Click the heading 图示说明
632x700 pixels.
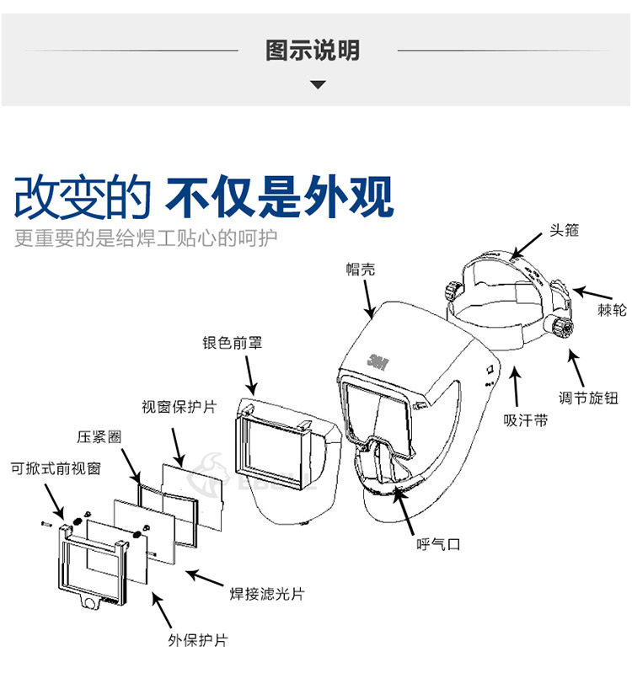pos(313,50)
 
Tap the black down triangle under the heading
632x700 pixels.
pos(318,84)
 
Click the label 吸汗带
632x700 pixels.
pos(525,419)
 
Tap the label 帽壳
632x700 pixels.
pos(361,269)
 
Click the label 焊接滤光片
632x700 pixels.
pos(267,595)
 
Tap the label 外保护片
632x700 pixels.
pos(197,641)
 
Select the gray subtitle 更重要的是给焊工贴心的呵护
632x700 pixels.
pos(145,238)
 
